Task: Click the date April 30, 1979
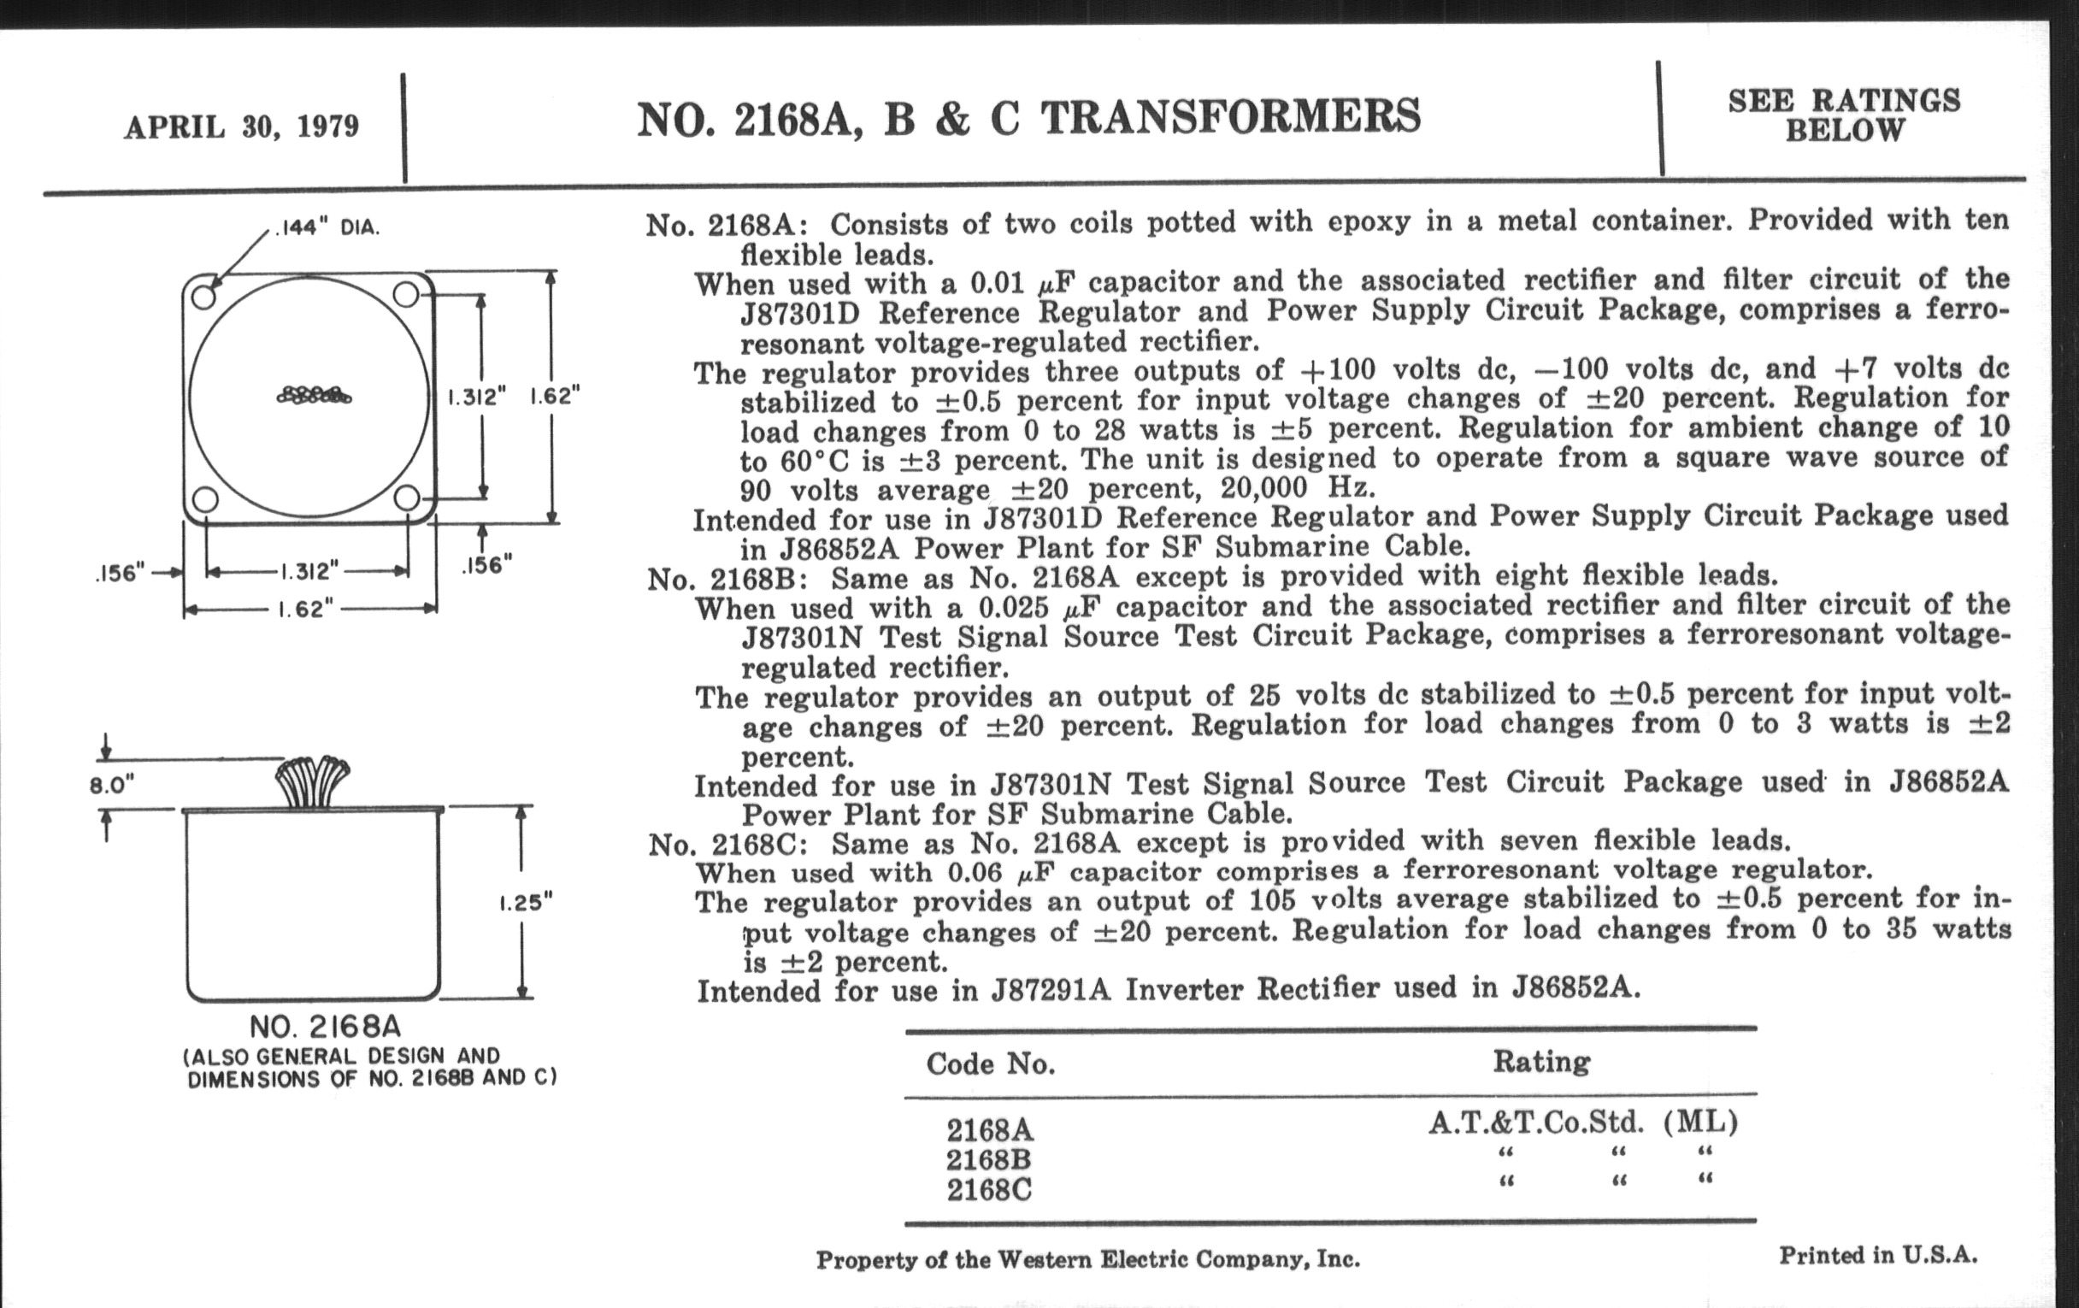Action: pyautogui.click(x=241, y=127)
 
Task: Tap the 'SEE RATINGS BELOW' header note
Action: pyautogui.click(x=1843, y=115)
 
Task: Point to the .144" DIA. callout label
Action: pyautogui.click(x=327, y=229)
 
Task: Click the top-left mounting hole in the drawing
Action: pyautogui.click(x=203, y=297)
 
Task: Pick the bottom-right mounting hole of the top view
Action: pyautogui.click(x=407, y=498)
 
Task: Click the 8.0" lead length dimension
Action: pyautogui.click(x=112, y=785)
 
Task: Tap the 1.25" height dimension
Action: pyautogui.click(x=525, y=902)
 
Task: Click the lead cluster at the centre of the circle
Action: pyautogui.click(x=314, y=396)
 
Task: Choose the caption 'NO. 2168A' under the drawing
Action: pyautogui.click(x=326, y=1027)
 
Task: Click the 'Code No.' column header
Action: pyautogui.click(x=990, y=1063)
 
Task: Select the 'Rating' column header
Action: pyautogui.click(x=1541, y=1061)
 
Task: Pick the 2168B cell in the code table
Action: pyautogui.click(x=988, y=1159)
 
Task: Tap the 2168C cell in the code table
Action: pyautogui.click(x=988, y=1190)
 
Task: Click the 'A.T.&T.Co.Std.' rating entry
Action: pyautogui.click(x=1535, y=1122)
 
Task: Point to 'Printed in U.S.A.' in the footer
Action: pyautogui.click(x=1878, y=1254)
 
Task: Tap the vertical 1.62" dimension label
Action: pyautogui.click(x=554, y=397)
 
